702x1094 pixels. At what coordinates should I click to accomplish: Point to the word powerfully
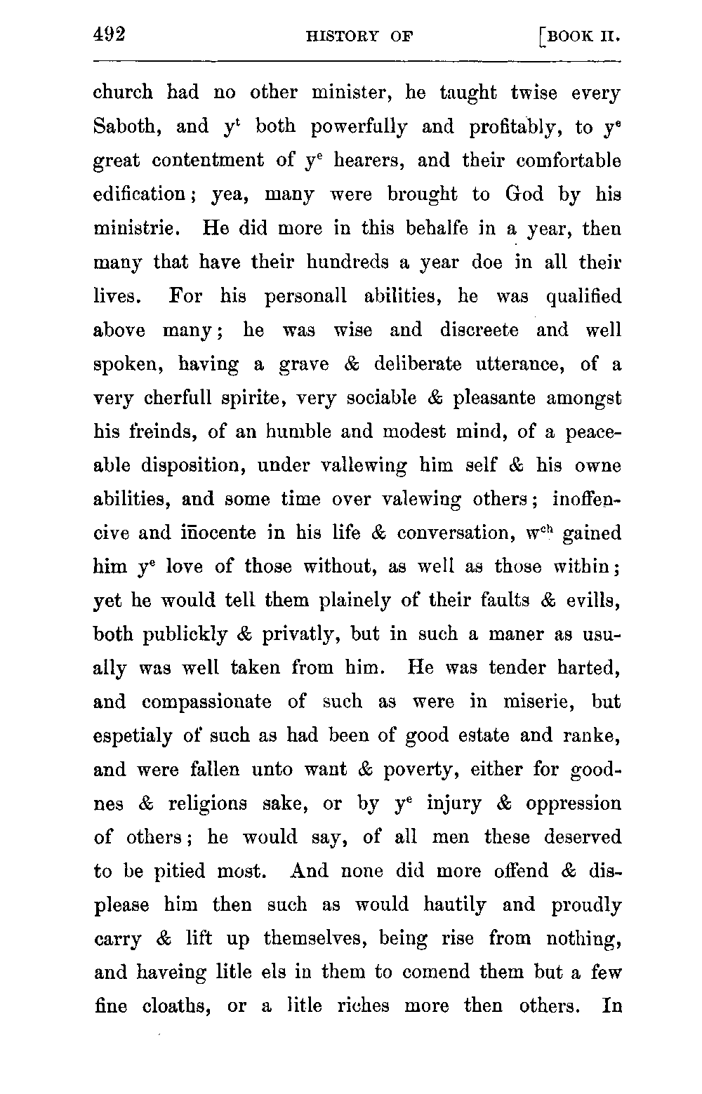point(359,128)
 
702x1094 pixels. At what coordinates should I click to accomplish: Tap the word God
point(524,194)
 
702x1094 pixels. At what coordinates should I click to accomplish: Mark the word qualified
point(583,296)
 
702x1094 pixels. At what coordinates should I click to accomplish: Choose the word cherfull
point(178,398)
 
